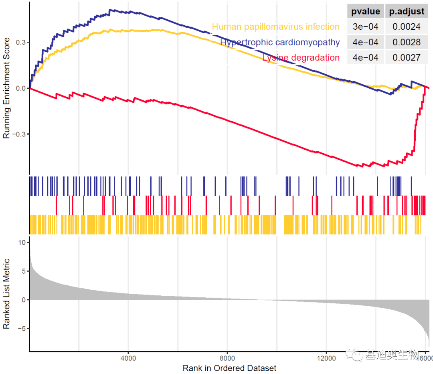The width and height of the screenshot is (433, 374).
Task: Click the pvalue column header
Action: point(365,11)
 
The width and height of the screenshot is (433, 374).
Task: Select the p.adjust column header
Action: point(407,11)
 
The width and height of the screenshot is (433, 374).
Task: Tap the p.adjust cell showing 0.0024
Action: point(407,27)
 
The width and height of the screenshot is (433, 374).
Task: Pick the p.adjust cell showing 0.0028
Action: point(407,42)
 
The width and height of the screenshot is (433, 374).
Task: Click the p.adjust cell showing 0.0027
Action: point(407,57)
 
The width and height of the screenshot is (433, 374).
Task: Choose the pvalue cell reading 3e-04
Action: point(365,27)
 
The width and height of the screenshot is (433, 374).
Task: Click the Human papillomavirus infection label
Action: point(275,27)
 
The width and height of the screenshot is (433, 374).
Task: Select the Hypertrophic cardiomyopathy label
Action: point(280,42)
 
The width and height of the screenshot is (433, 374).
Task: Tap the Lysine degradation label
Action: point(301,57)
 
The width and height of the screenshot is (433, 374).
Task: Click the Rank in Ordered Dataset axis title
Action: point(229,368)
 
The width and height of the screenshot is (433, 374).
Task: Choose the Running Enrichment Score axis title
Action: point(6,88)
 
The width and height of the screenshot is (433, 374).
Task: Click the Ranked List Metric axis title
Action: point(6,294)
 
